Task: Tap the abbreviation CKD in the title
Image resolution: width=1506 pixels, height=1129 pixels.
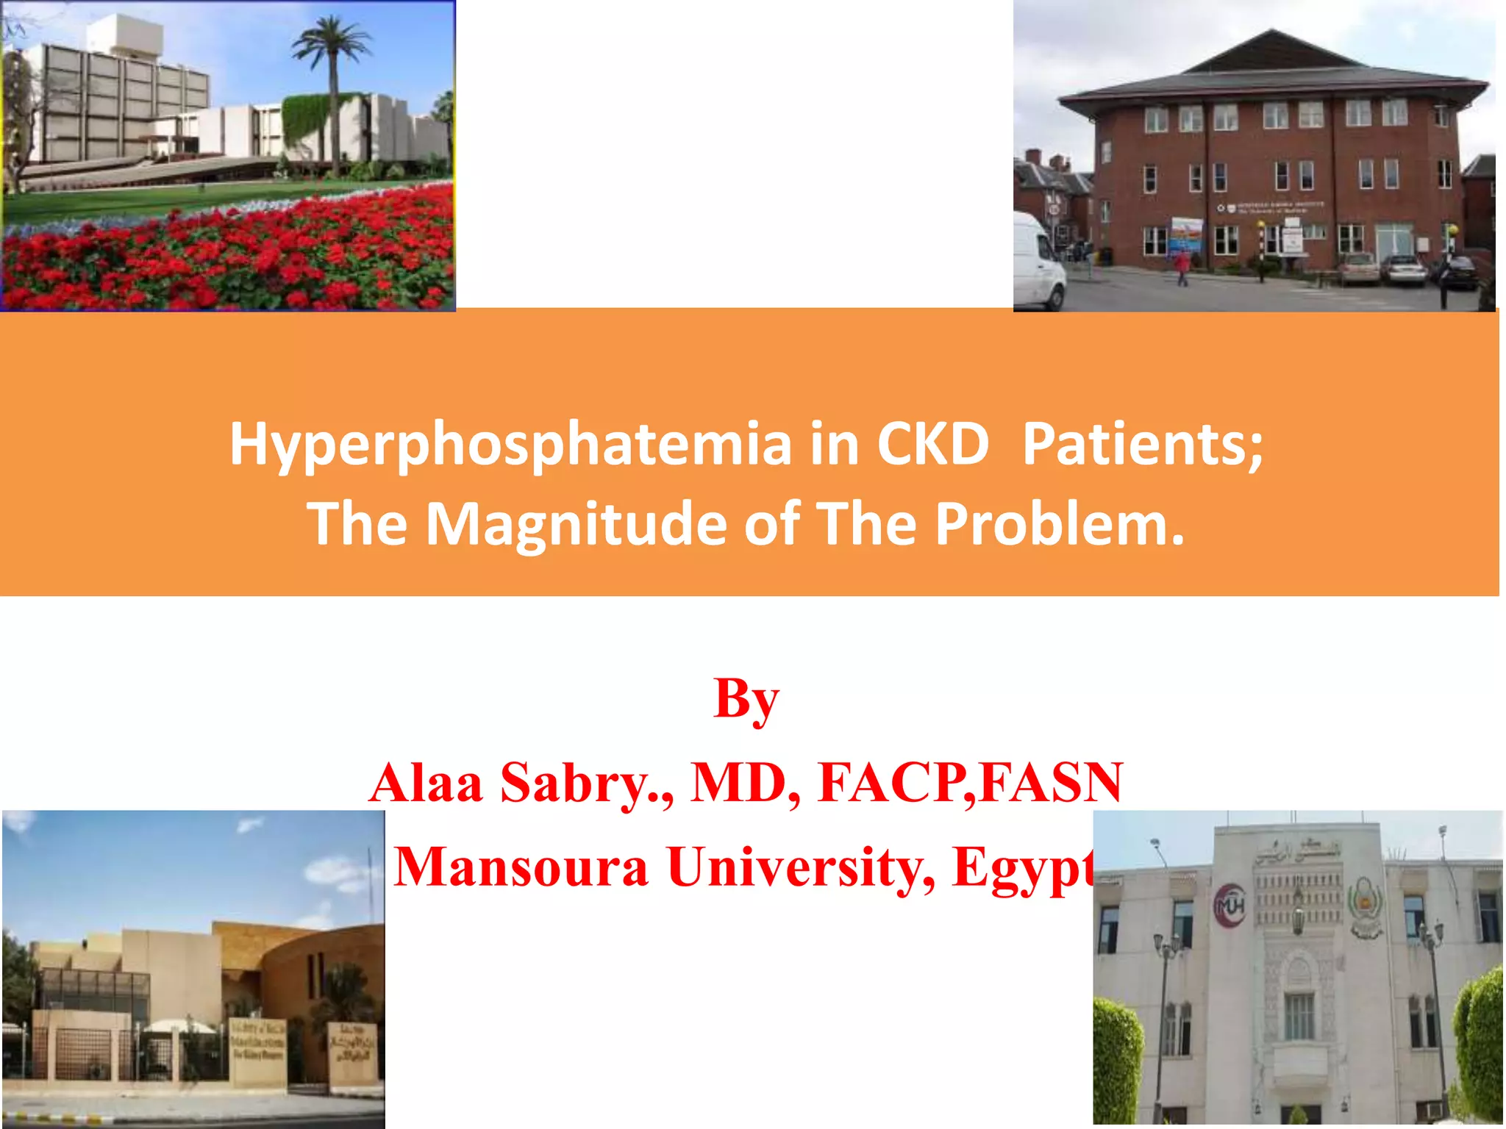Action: [x=932, y=444]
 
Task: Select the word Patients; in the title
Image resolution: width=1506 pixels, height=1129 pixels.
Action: [x=1143, y=444]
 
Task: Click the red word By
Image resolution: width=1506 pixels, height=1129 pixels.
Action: [x=746, y=698]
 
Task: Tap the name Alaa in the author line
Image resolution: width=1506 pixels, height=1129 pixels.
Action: [x=427, y=782]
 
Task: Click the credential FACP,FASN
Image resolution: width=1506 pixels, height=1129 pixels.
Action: [x=970, y=782]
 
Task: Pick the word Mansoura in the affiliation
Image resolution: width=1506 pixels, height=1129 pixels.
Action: [x=521, y=867]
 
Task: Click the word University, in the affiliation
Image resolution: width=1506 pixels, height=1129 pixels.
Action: [x=802, y=867]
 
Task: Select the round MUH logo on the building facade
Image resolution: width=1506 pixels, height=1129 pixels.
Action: [x=1229, y=906]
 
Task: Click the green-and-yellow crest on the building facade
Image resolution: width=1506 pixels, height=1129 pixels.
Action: [x=1365, y=906]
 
